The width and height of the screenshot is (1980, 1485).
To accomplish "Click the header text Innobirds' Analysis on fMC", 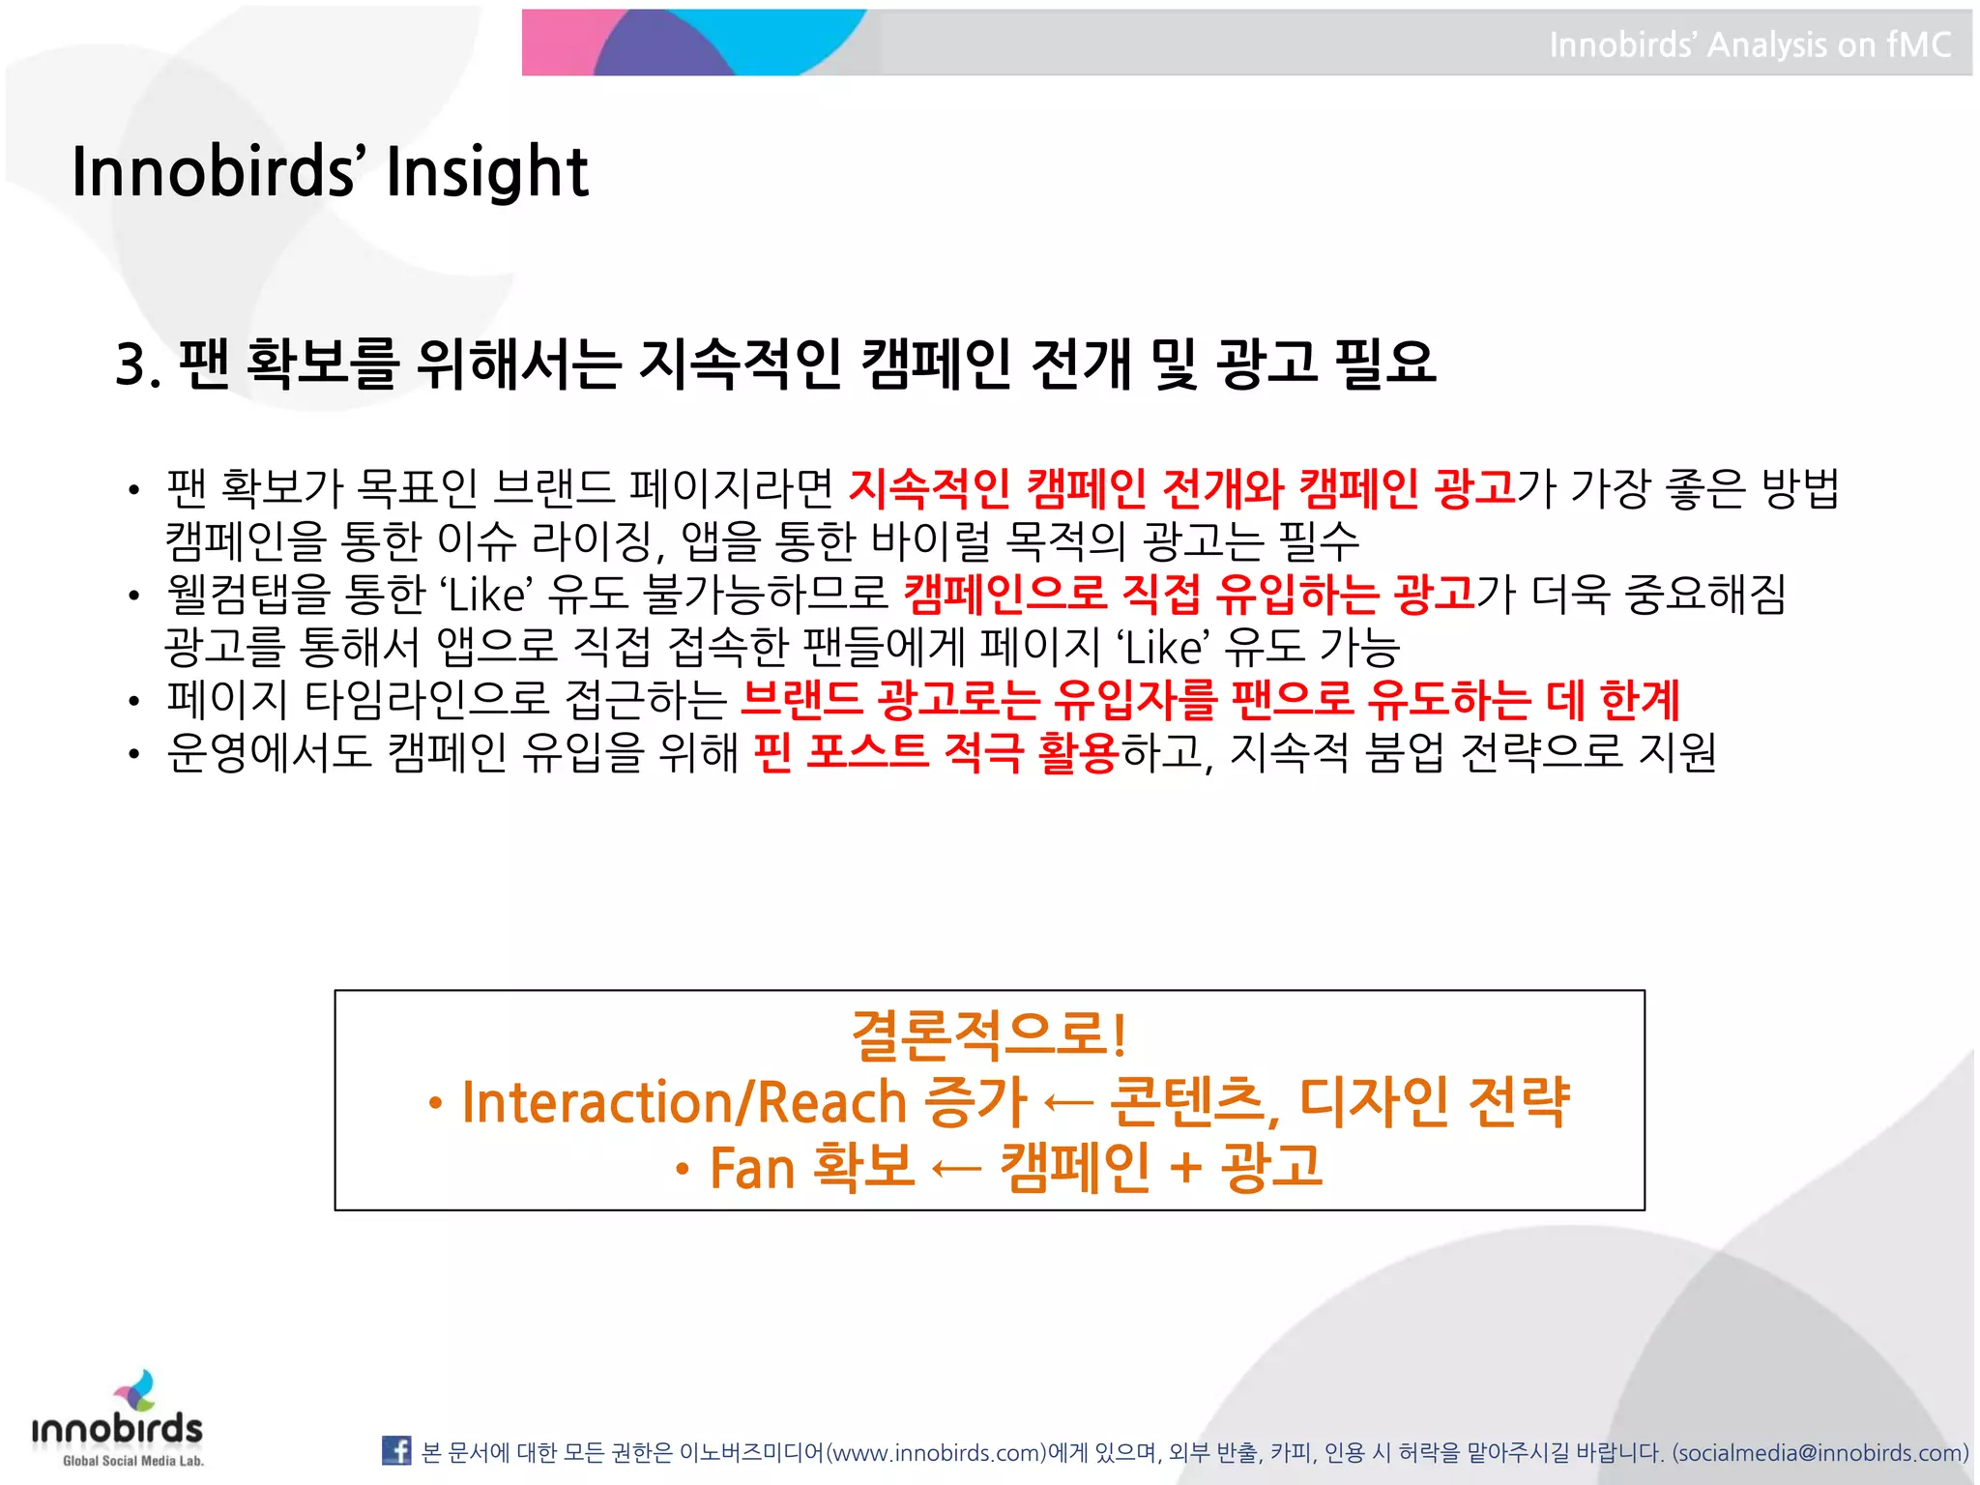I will [1749, 44].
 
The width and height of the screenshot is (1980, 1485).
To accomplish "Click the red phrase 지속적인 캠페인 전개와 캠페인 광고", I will [1180, 488].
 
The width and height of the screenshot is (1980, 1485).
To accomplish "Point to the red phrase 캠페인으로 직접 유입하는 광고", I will [1188, 594].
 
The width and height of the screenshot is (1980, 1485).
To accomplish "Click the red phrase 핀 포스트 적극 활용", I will [935, 752].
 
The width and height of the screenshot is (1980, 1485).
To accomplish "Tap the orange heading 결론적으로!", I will [988, 1034].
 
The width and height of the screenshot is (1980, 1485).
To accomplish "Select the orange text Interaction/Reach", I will [684, 1102].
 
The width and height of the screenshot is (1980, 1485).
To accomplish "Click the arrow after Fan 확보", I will [955, 1170].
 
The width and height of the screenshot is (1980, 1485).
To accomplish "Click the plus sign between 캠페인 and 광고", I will [1185, 1168].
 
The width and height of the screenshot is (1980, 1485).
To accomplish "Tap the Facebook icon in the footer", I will [396, 1450].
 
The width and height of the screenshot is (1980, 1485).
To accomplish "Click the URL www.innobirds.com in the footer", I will [937, 1453].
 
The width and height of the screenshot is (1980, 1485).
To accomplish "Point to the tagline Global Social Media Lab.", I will [132, 1461].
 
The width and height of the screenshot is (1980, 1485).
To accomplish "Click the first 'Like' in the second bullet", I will [488, 595].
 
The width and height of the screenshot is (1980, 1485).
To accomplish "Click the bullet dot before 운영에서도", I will [134, 753].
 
